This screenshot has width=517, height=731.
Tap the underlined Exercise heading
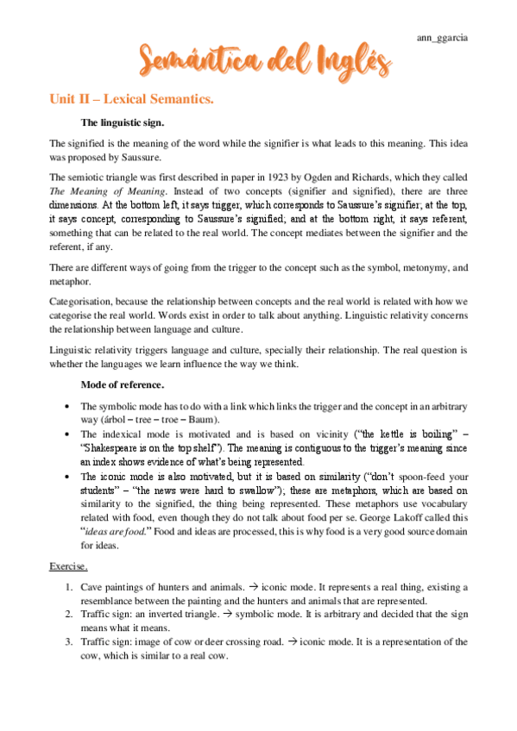pos(68,567)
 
